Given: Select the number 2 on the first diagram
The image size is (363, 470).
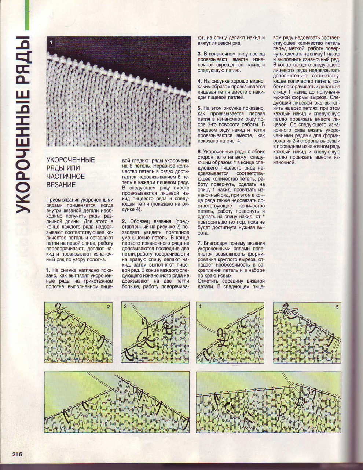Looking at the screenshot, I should click(x=108, y=307).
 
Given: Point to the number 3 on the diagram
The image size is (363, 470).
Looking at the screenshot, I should click(x=125, y=307).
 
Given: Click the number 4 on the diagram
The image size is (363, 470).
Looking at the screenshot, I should click(x=200, y=307).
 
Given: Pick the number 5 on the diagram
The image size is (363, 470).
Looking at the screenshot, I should click(x=337, y=307).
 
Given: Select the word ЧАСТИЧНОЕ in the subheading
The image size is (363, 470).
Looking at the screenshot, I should click(x=65, y=177).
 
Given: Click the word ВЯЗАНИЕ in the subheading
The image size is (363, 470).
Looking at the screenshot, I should click(x=61, y=185).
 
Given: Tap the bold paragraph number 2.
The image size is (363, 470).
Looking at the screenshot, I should click(x=123, y=221).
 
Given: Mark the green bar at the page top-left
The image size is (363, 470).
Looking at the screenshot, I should click(x=26, y=15).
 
